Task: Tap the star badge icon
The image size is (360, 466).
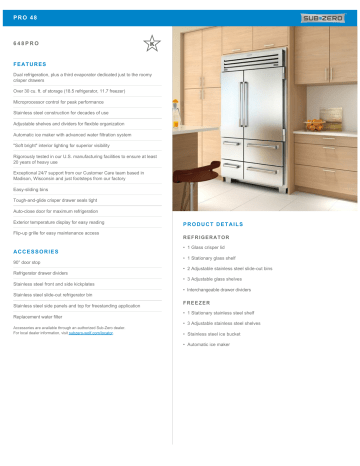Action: pos(150,43)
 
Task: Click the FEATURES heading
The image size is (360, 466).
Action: pos(31,62)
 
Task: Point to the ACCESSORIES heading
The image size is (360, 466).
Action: pos(37,251)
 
